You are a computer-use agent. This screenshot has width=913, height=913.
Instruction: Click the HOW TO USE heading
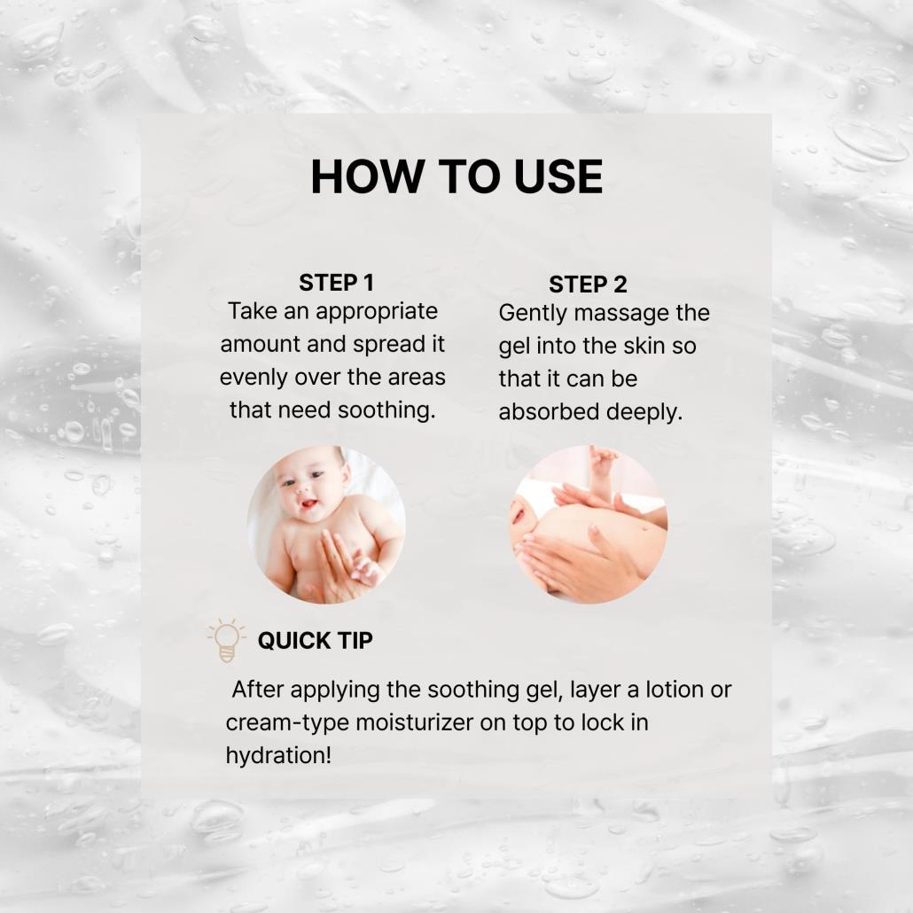tap(456, 176)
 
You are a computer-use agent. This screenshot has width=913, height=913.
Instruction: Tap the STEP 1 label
tap(336, 283)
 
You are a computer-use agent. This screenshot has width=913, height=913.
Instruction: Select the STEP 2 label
tap(588, 285)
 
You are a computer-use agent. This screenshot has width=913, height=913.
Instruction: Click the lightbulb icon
tap(227, 640)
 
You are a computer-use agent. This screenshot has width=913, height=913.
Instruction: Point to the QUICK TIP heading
tap(315, 641)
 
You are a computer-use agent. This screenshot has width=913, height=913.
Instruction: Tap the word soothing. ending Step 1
tap(386, 410)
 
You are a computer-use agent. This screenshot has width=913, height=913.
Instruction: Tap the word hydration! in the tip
tap(278, 756)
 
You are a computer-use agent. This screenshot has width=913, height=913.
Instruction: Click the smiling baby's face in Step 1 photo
tap(307, 488)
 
